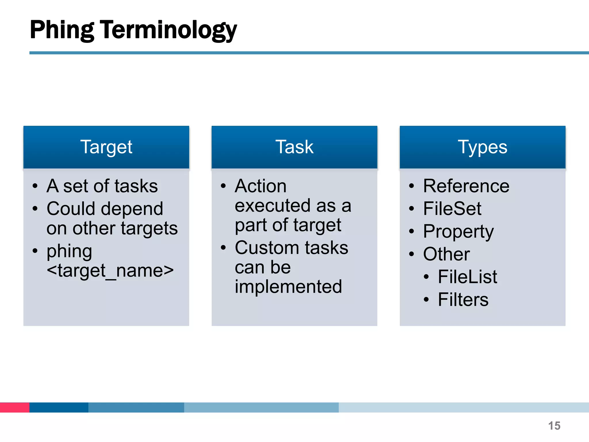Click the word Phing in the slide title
point(62,30)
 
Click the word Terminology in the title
point(168,30)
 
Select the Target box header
point(106,147)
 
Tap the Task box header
point(294,147)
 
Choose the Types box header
point(482,147)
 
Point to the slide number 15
point(554,426)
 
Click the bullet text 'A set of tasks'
point(102,186)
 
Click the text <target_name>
point(110,270)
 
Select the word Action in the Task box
point(261,186)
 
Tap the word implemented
point(288,287)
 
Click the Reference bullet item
point(466,186)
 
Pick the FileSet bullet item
point(452,209)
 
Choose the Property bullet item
point(458,232)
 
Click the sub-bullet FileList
point(467,277)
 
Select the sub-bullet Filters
point(463,300)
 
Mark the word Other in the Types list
point(446,254)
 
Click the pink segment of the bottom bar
point(14,407)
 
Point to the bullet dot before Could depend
point(35,208)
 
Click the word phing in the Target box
point(69,251)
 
